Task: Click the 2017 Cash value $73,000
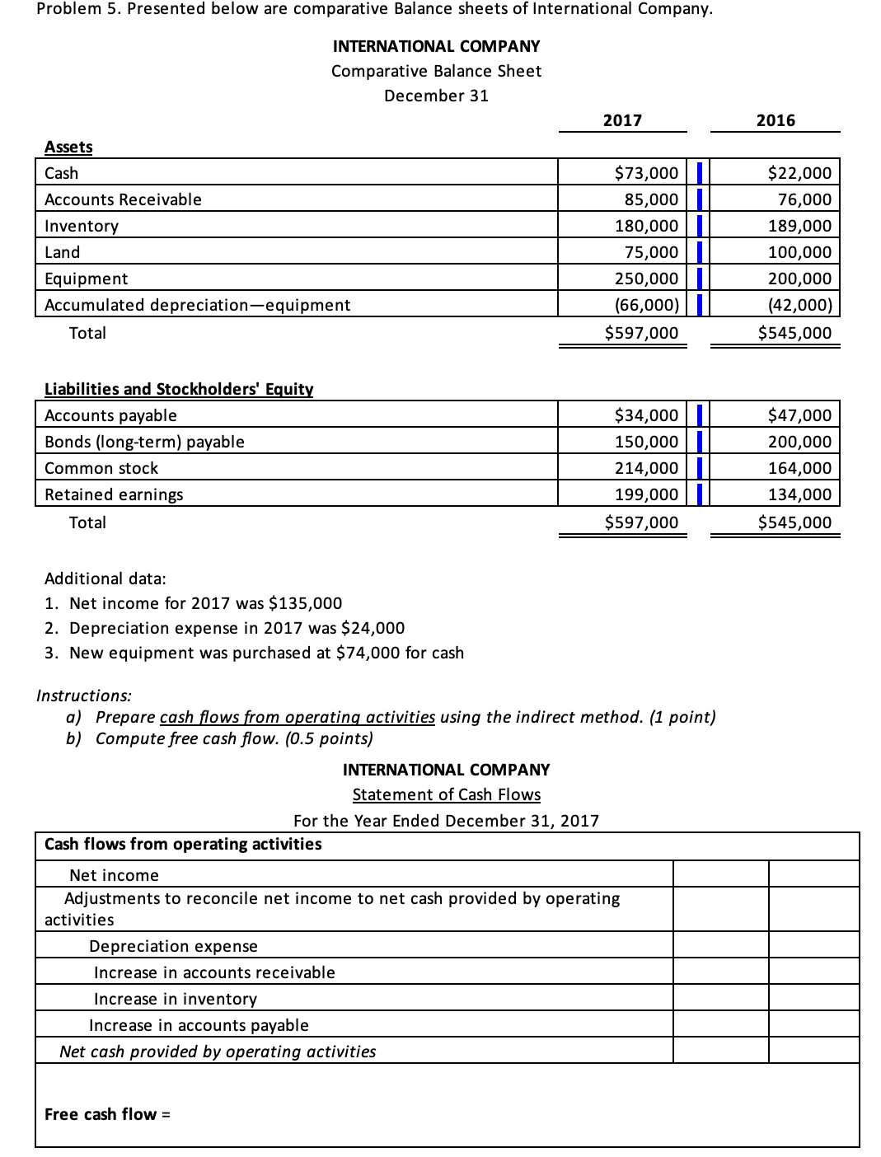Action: coord(647,173)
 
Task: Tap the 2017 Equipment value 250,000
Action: coord(647,279)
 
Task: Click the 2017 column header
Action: coord(622,120)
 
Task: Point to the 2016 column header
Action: coord(776,120)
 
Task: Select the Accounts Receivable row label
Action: coord(123,199)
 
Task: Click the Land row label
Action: coord(63,252)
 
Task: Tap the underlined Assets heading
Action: coord(68,147)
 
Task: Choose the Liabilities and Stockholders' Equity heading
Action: coord(179,389)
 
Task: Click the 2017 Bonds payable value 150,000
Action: coord(647,442)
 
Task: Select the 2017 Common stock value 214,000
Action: coord(647,468)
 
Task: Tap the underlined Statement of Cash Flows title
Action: coord(447,794)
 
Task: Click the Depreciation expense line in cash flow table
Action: coord(173,946)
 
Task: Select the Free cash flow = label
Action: coord(107,1114)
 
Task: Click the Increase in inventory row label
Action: coord(176,999)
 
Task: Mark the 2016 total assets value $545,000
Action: coord(794,333)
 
